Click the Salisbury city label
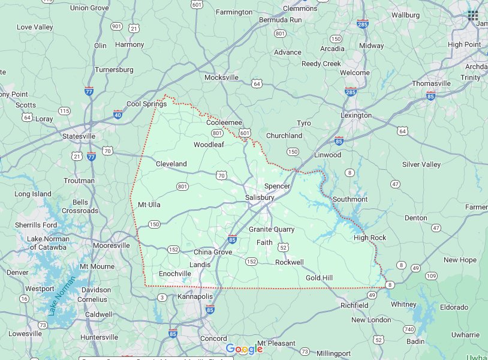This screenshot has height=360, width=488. (x=260, y=197)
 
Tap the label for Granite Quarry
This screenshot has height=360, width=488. (x=272, y=229)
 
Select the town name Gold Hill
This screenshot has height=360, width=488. (x=319, y=278)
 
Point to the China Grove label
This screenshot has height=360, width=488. (x=212, y=252)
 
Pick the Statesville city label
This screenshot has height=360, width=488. (x=79, y=136)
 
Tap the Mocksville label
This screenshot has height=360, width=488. (x=221, y=77)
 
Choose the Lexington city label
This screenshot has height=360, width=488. (x=356, y=115)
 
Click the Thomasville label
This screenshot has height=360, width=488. (x=430, y=83)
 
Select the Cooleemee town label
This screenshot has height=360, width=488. (x=224, y=122)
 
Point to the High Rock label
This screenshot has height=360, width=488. (x=370, y=238)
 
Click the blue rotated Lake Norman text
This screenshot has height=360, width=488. (x=62, y=295)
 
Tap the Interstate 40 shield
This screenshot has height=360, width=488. (x=118, y=113)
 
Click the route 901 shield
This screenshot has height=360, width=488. (x=117, y=26)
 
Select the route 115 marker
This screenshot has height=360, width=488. (x=64, y=111)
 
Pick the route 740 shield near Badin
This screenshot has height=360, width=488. (x=409, y=329)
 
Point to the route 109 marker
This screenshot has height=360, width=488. (x=431, y=275)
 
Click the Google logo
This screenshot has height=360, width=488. (x=244, y=349)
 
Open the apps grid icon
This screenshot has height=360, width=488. (x=473, y=16)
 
